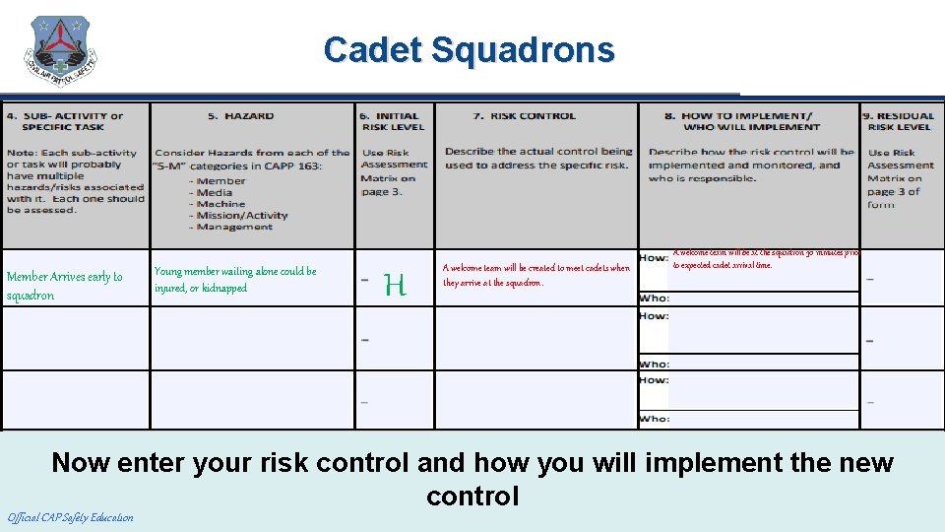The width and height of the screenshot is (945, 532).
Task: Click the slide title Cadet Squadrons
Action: click(469, 49)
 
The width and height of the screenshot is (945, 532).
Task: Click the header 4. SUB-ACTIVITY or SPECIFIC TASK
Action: click(65, 121)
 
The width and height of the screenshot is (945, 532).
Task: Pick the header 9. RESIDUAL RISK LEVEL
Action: click(900, 121)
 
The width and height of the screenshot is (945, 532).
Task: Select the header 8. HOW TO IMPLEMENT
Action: click(751, 121)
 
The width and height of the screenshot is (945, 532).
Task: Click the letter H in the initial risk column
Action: click(395, 287)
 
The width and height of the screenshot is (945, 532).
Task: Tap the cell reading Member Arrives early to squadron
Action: click(65, 286)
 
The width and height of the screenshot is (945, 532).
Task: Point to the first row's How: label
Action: click(654, 258)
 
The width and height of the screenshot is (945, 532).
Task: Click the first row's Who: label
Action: click(654, 299)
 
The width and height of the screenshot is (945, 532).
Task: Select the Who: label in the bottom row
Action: click(654, 419)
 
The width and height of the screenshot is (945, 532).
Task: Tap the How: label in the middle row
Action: click(654, 316)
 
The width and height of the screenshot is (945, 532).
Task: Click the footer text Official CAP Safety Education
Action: click(70, 517)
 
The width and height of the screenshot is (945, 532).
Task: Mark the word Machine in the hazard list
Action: click(220, 204)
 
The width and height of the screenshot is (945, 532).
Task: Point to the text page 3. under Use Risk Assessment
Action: click(376, 192)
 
